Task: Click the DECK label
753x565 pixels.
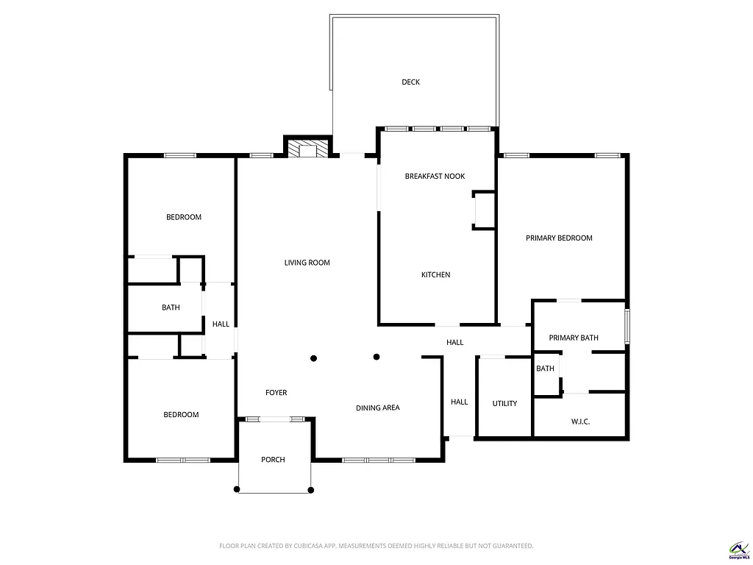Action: click(x=410, y=82)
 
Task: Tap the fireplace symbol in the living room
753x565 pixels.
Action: click(x=302, y=150)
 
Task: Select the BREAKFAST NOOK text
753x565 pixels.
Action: click(x=435, y=177)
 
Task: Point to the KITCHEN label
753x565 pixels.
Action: click(x=435, y=275)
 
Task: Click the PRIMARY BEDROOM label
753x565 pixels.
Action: click(x=559, y=238)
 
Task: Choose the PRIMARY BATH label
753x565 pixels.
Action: click(x=574, y=338)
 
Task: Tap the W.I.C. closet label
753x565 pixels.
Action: click(x=580, y=422)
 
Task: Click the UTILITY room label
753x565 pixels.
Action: click(x=504, y=404)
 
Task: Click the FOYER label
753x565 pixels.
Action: click(x=276, y=393)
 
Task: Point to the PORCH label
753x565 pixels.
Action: click(x=273, y=460)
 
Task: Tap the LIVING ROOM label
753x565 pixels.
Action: click(x=307, y=263)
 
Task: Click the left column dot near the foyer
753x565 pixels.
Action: click(x=314, y=358)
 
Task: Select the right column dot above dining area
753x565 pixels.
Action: click(x=376, y=358)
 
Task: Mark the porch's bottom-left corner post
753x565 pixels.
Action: click(x=237, y=489)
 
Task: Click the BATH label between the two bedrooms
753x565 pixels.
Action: click(x=171, y=308)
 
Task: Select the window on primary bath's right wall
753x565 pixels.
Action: click(x=627, y=326)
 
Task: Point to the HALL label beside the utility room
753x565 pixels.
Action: click(x=459, y=402)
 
